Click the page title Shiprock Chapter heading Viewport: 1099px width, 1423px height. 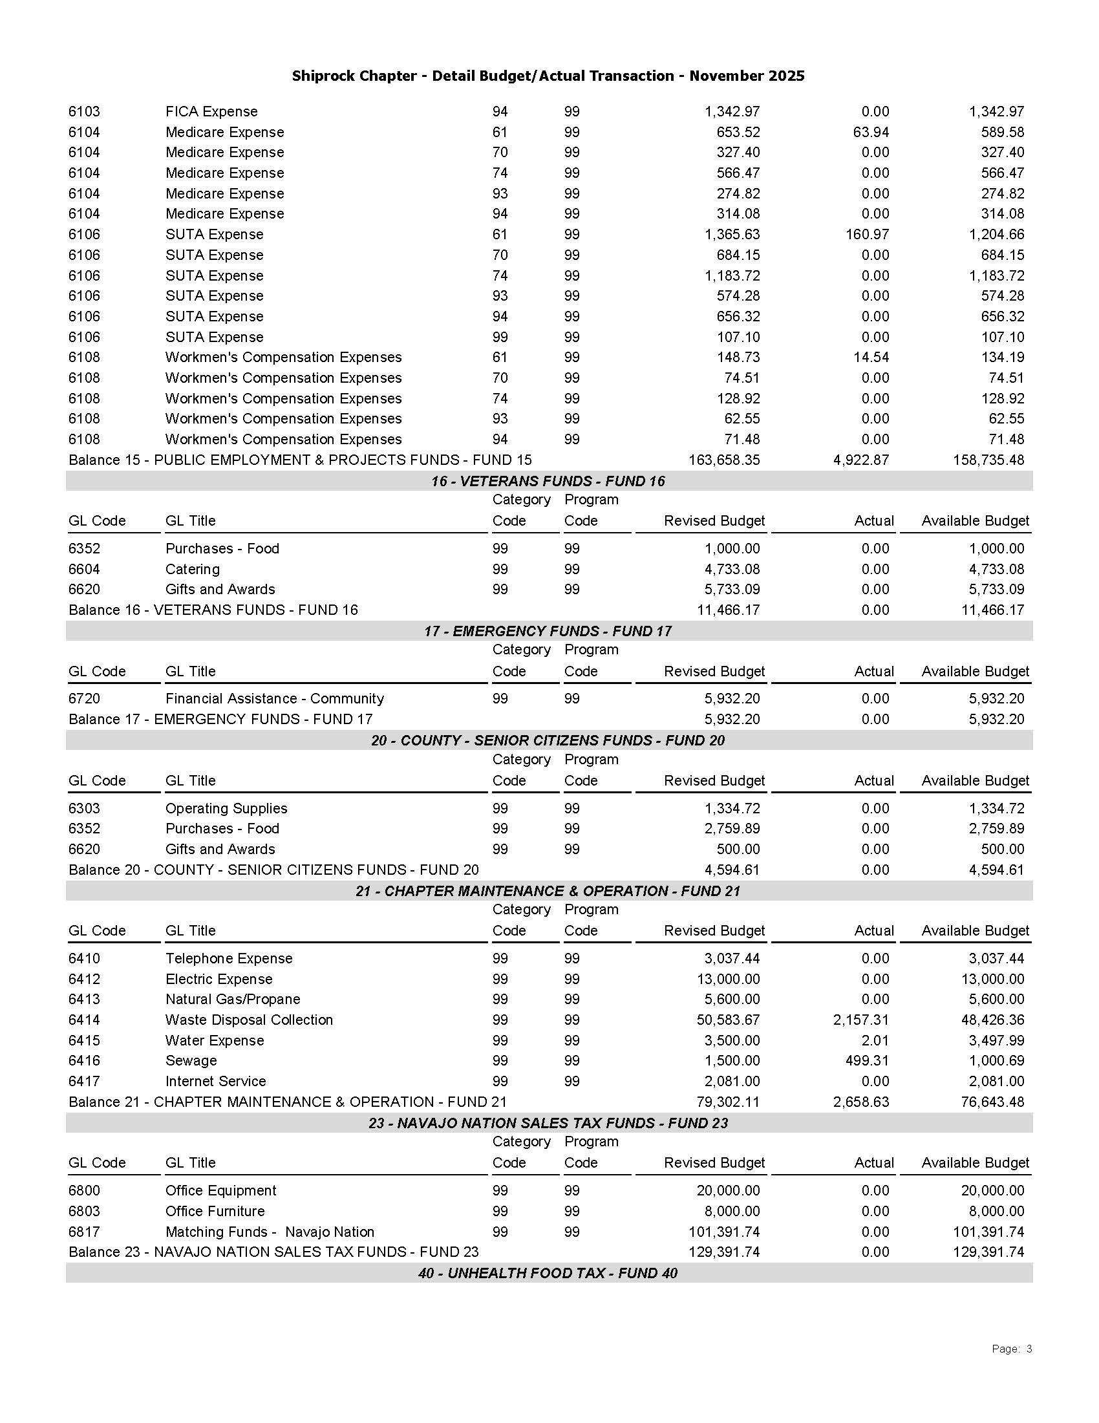pos(548,76)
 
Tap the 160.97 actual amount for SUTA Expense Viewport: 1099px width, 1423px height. pos(867,235)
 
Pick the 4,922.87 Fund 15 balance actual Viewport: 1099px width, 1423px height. pos(860,460)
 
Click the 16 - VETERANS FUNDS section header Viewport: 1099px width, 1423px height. pos(548,481)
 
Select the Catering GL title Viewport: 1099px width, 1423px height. pos(192,570)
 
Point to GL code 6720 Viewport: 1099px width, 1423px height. pos(84,698)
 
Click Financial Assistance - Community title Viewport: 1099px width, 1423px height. pos(274,698)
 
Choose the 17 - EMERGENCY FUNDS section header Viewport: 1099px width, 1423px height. pos(548,631)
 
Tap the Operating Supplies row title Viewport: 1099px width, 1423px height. pos(226,809)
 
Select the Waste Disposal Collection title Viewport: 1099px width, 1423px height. pos(249,1020)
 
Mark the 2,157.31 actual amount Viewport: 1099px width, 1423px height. pos(860,1020)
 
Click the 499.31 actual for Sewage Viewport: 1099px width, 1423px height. pos(867,1061)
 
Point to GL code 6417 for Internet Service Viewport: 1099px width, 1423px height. pos(84,1082)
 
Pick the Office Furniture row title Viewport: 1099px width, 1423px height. pos(215,1211)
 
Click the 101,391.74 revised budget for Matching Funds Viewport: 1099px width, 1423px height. pos(724,1232)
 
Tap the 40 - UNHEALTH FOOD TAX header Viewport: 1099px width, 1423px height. pos(548,1273)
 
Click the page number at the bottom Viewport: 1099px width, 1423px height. pos(1011,1349)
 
